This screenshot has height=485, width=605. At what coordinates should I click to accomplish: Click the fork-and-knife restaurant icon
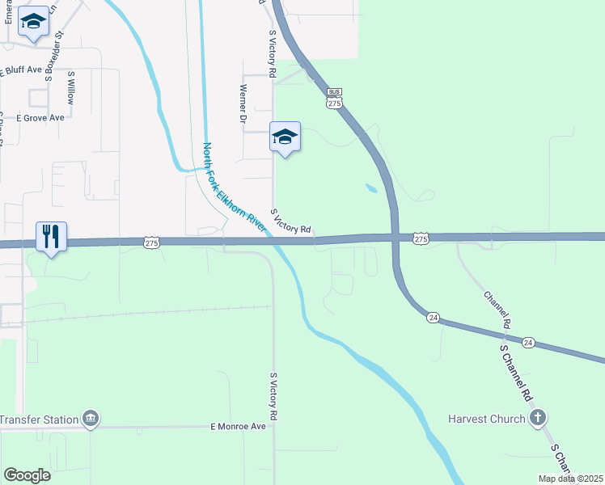coord(49,237)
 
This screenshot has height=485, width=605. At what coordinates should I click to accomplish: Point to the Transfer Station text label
coord(39,419)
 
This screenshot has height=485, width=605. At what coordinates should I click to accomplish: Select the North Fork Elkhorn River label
coord(234,188)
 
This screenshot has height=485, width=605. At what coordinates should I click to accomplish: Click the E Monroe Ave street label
coord(238,426)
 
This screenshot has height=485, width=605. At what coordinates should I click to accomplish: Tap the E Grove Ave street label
coord(40,117)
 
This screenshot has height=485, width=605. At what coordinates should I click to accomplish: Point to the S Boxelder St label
coord(53,53)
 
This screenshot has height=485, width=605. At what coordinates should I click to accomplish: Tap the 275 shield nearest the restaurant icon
coord(151,242)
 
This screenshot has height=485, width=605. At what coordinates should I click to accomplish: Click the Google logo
coord(27,474)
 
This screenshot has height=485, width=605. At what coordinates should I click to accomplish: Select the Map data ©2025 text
coord(569,479)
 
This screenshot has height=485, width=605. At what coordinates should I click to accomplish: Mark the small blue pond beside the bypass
coord(370,189)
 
